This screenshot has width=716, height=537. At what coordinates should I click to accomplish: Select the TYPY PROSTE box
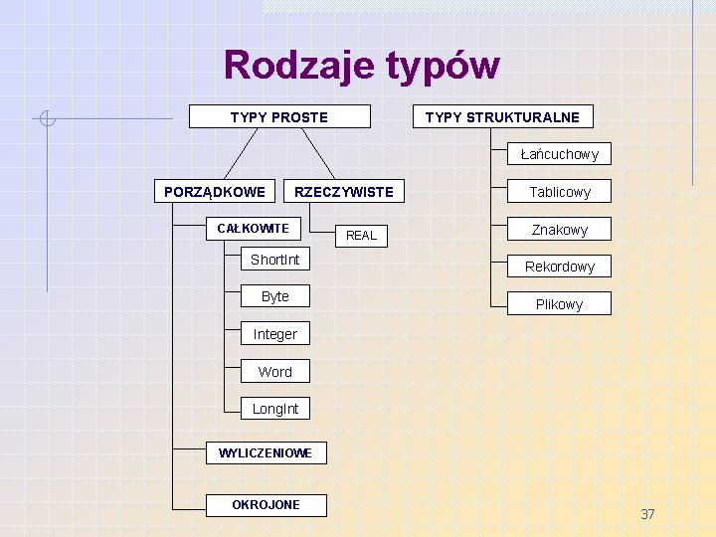[279, 117]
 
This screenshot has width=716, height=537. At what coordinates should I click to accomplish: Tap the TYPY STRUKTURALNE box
[502, 117]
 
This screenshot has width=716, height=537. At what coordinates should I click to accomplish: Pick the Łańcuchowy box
[559, 154]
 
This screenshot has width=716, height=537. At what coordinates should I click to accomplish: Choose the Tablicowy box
[559, 192]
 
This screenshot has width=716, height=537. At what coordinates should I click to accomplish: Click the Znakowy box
[559, 230]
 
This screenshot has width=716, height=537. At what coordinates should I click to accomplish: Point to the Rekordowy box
[559, 267]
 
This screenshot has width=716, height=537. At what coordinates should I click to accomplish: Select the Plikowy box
[559, 304]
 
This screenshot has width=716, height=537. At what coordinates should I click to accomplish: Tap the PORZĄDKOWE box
[215, 191]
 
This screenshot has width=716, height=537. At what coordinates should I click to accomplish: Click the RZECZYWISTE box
[344, 191]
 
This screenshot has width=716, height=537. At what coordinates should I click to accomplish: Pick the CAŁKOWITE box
[253, 229]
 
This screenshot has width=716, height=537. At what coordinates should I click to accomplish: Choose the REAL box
[361, 236]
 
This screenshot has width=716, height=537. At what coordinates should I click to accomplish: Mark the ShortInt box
[274, 260]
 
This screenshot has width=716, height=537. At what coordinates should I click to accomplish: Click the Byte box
[274, 296]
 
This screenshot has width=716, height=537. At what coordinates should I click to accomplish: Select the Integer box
[274, 334]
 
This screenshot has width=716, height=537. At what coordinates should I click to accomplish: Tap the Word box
[274, 372]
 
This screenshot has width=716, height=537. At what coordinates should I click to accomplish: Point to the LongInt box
[274, 409]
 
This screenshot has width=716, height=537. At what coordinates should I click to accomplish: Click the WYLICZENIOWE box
[266, 453]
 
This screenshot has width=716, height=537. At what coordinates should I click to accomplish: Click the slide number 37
[647, 514]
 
